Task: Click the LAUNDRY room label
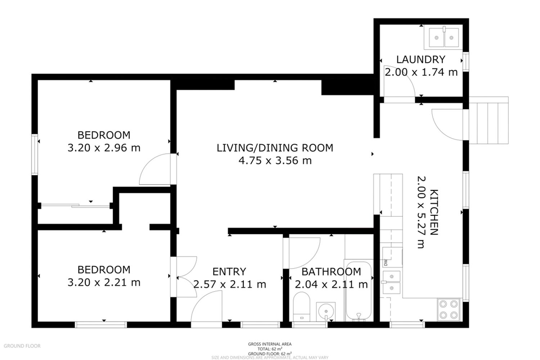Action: pyautogui.click(x=421, y=59)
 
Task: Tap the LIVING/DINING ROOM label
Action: pyautogui.click(x=275, y=148)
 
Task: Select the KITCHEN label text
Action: pyautogui.click(x=434, y=212)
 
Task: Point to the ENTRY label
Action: pyautogui.click(x=229, y=271)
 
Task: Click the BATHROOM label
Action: pyautogui.click(x=331, y=272)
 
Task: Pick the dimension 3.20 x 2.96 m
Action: pyautogui.click(x=104, y=148)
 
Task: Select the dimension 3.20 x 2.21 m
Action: pyautogui.click(x=104, y=282)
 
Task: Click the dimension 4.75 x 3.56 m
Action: pyautogui.click(x=275, y=161)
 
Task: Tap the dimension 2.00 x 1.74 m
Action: pyautogui.click(x=421, y=72)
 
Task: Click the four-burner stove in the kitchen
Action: pyautogui.click(x=449, y=309)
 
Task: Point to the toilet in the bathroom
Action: pyautogui.click(x=301, y=307)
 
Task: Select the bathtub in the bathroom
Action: pyautogui.click(x=359, y=291)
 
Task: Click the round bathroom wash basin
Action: pyautogui.click(x=325, y=311)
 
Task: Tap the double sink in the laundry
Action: pyautogui.click(x=444, y=37)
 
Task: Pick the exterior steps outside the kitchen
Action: pyautogui.click(x=489, y=120)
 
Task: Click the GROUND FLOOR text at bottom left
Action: pyautogui.click(x=22, y=346)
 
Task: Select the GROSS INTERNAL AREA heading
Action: pyautogui.click(x=270, y=344)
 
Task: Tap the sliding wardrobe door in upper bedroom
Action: pyautogui.click(x=75, y=206)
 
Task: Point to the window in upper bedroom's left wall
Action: pyautogui.click(x=35, y=154)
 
